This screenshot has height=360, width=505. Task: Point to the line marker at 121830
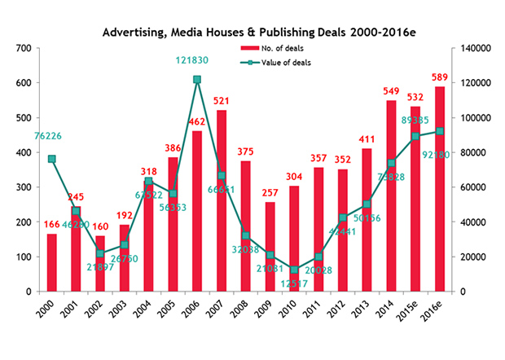197,80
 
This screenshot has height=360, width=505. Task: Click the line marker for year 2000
52,159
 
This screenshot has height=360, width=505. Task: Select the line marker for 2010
295,270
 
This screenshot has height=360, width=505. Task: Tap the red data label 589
441,78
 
